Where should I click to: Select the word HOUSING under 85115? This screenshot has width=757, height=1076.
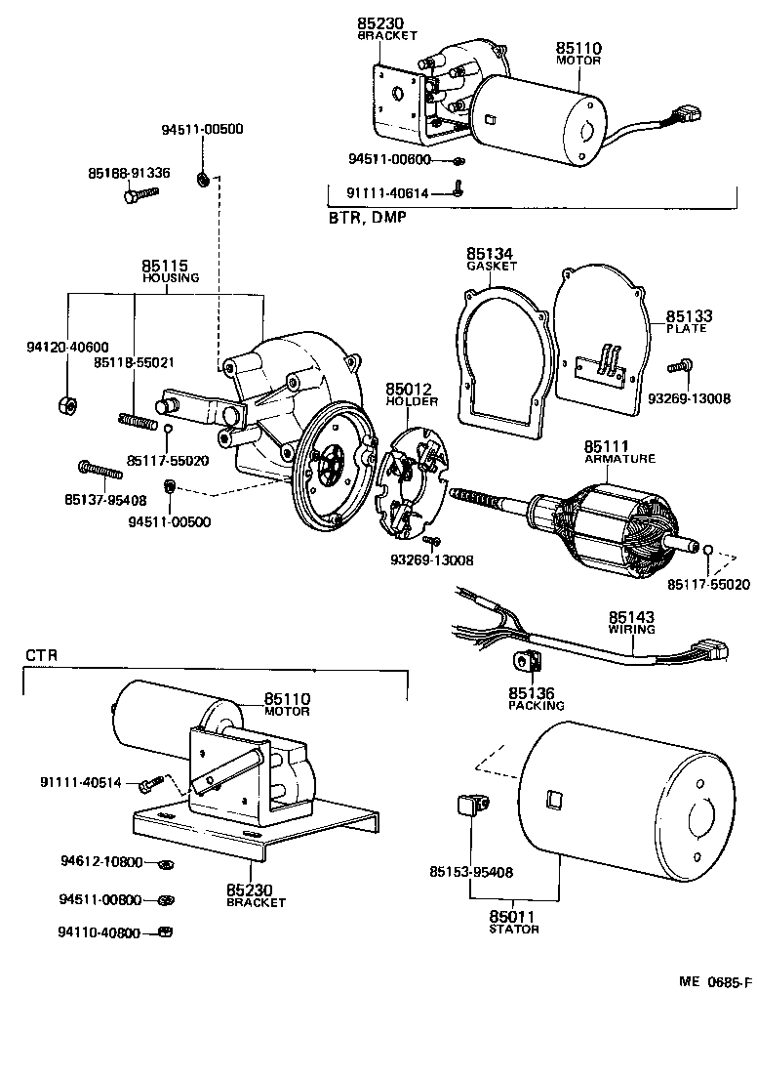click(x=171, y=278)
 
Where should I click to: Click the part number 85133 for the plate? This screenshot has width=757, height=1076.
click(x=689, y=316)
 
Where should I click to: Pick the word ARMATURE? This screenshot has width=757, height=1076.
click(x=619, y=458)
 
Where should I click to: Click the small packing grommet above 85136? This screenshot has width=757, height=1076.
click(x=527, y=662)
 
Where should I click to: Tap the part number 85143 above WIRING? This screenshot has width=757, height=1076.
click(x=631, y=617)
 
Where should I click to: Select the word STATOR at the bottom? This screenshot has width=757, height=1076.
click(x=514, y=930)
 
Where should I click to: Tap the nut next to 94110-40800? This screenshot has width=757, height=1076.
click(x=166, y=932)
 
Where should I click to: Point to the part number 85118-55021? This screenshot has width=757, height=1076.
click(x=134, y=362)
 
